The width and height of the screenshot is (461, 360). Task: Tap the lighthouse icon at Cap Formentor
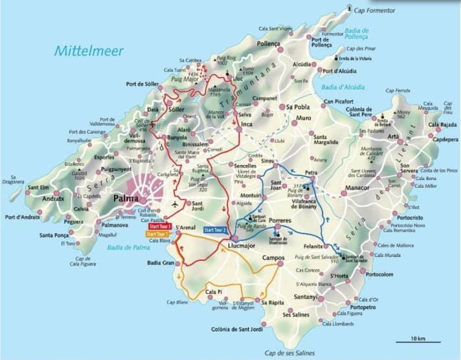pyautogui.click(x=350, y=8)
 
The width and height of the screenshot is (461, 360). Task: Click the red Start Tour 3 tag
pyautogui.click(x=160, y=227)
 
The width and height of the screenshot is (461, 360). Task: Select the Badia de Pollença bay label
pyautogui.click(x=357, y=34)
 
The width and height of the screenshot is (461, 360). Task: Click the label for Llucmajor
pyautogui.click(x=242, y=247)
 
